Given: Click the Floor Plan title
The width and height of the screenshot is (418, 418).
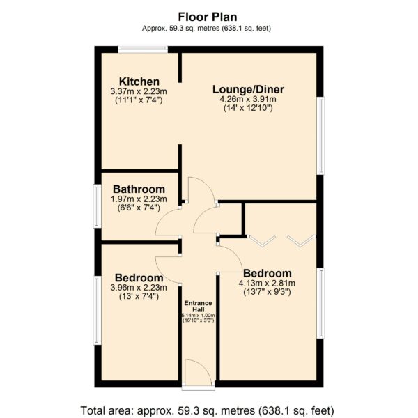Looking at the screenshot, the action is tap(208, 17).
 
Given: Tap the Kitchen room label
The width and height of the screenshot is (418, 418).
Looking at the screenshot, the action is tap(139, 82).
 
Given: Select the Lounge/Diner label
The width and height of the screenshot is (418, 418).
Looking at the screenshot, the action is tap(248, 90).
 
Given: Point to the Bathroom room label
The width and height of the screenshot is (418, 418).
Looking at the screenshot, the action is tap(139, 189).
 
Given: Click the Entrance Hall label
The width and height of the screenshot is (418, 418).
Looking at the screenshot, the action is tap(198, 306).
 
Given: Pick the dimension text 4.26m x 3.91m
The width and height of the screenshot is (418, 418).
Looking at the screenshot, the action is tap(248, 100).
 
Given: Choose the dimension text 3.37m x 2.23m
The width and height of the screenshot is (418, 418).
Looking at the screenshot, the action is tap(139, 91).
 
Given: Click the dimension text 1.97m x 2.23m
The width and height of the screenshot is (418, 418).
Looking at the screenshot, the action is tap(139, 199).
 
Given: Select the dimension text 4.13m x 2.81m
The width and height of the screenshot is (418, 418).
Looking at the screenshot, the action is tap(267, 283).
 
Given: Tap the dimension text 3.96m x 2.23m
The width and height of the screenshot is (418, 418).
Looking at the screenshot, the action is tap(139, 288).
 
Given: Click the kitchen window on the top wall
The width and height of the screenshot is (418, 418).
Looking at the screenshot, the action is tap(143, 49).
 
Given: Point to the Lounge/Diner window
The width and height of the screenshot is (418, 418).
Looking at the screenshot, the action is tap(320, 136).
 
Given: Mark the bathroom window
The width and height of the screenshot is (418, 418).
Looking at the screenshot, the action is tap(98, 206).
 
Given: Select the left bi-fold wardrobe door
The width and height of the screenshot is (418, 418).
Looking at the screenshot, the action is tap(262, 241).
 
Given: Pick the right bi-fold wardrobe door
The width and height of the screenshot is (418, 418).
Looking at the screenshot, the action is tap(301, 241).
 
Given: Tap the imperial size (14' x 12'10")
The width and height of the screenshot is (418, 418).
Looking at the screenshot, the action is tap(248, 108).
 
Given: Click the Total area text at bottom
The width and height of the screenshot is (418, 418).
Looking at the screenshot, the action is tap(208, 410).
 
